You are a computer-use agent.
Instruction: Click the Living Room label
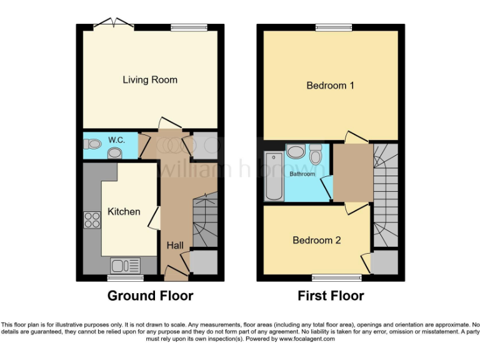(149, 80)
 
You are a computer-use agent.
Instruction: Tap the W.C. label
(116, 139)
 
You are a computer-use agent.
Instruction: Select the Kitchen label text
(124, 212)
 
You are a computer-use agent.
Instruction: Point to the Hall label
(175, 246)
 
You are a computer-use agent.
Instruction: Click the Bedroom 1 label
(330, 86)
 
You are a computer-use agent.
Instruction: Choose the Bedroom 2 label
(317, 240)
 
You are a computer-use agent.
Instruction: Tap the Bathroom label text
(302, 174)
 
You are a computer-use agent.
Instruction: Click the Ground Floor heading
(150, 296)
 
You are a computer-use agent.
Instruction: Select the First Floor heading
(331, 296)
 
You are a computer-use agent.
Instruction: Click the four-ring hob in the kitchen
(92, 220)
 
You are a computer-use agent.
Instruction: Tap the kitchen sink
(125, 266)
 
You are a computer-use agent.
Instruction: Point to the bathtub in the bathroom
(274, 176)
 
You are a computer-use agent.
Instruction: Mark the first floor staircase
(384, 194)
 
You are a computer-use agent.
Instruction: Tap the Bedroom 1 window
(333, 27)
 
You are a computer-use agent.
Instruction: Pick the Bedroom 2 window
(336, 276)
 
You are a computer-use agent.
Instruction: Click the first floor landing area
(351, 172)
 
